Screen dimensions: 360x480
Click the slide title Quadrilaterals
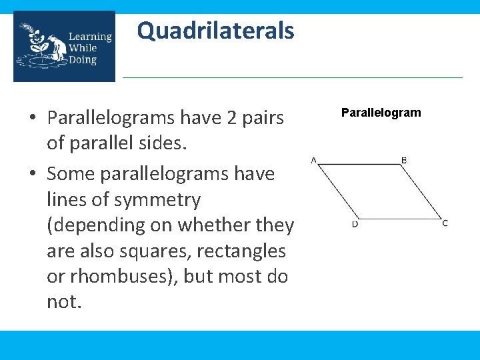click(215, 31)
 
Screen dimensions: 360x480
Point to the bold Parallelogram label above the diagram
click(381, 113)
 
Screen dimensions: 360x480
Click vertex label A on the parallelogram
click(313, 159)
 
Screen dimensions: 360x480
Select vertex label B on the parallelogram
click(404, 160)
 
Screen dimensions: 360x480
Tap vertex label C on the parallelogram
click(445, 223)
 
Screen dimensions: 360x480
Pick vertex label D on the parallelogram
click(355, 224)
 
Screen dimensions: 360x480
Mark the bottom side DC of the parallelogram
click(400, 218)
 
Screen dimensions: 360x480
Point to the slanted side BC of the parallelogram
click(423, 191)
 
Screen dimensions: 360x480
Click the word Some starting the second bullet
click(73, 173)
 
